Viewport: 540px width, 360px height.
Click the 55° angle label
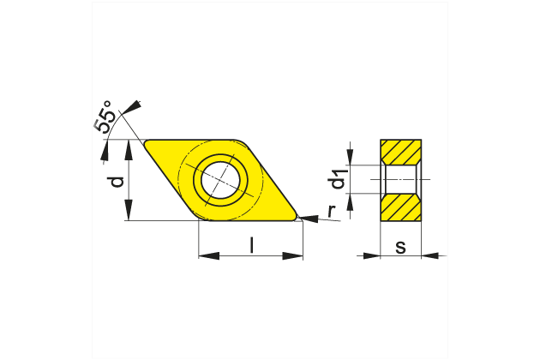(x=103, y=118)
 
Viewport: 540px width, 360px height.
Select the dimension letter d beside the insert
(x=117, y=181)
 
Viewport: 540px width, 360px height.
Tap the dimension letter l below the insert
(x=251, y=245)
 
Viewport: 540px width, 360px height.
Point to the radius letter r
(x=329, y=211)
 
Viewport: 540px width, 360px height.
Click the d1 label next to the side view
(x=339, y=180)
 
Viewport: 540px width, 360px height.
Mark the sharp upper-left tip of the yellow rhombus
(x=147, y=142)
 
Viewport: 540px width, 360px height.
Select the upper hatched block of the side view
(x=400, y=152)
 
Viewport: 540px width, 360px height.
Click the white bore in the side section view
(x=400, y=180)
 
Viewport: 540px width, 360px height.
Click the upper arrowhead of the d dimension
(x=129, y=147)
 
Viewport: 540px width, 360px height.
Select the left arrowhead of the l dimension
(x=206, y=255)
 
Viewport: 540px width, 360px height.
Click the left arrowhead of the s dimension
(x=372, y=255)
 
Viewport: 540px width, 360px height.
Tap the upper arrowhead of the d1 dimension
(x=352, y=159)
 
